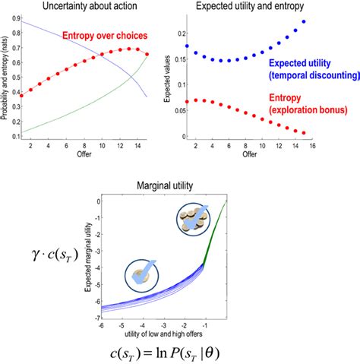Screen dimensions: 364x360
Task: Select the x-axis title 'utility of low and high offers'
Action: pyautogui.click(x=163, y=333)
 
